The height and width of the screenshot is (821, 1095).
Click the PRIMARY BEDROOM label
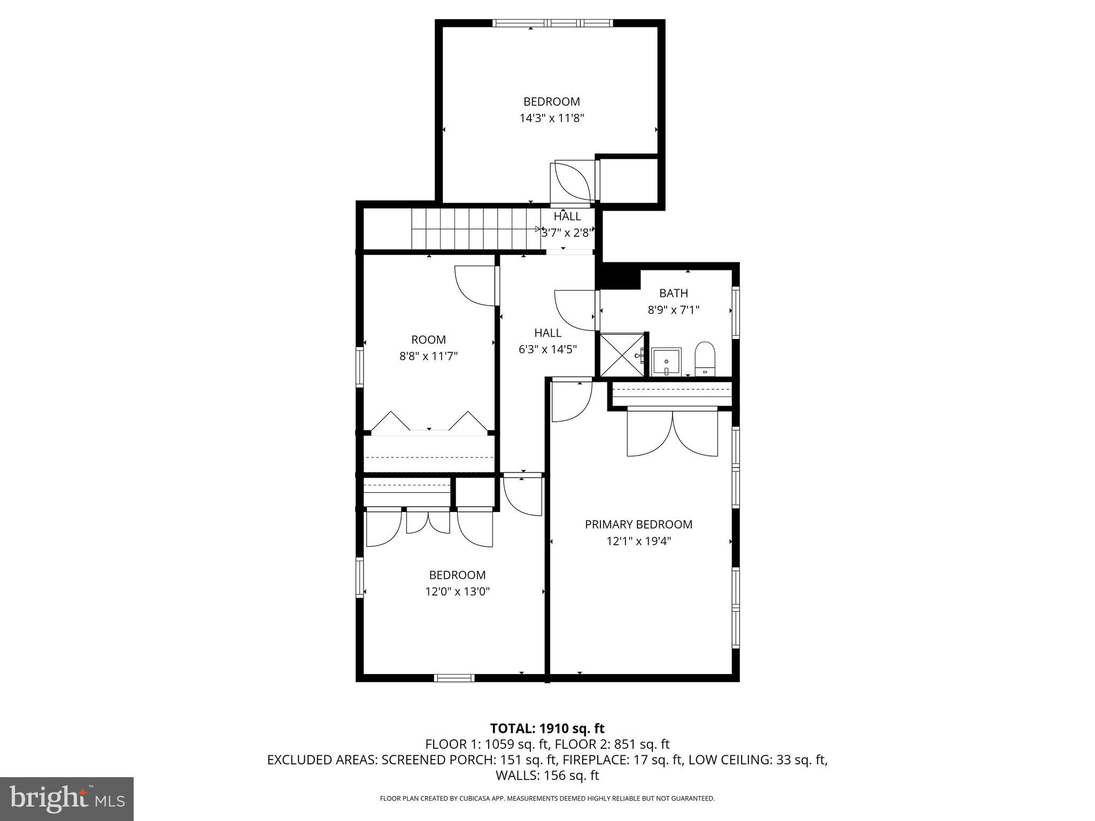638,524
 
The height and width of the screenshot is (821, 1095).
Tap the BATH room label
673,293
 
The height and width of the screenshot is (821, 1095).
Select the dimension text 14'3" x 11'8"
551,118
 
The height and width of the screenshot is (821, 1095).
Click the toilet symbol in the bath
705,359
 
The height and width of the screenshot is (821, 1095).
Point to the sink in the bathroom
666,361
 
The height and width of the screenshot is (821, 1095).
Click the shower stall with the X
622,355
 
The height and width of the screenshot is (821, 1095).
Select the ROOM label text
428,339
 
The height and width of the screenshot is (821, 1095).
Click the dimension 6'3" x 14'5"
547,350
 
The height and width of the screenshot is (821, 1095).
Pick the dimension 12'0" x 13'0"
457,592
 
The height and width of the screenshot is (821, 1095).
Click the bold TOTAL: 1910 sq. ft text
547,728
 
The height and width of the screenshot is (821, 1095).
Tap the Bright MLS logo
67,799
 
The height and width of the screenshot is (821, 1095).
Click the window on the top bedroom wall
552,23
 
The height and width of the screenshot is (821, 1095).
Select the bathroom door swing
575,311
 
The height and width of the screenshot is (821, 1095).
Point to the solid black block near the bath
618,277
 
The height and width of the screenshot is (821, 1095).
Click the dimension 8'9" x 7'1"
673,309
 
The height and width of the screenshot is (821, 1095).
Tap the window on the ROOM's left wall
360,367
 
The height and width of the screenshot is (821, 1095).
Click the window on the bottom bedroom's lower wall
454,678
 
